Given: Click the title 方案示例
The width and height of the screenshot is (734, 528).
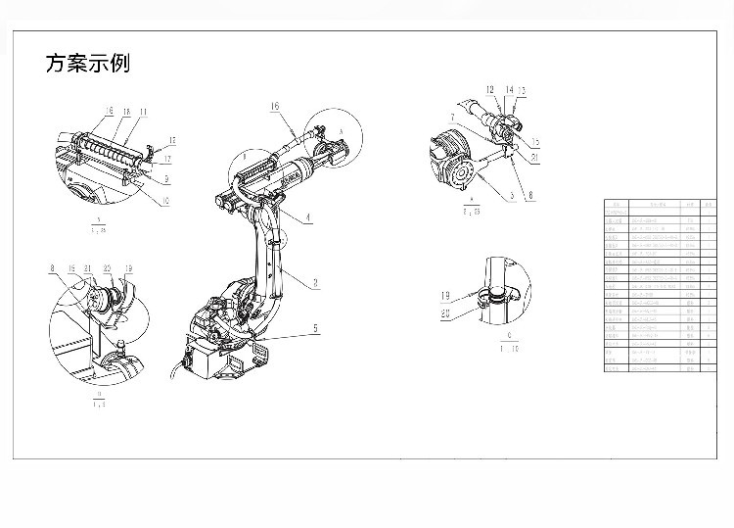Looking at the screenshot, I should tap(87, 65).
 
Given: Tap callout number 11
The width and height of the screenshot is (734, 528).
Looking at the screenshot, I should tap(143, 113).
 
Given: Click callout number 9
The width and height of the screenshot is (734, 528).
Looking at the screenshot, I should tap(167, 179).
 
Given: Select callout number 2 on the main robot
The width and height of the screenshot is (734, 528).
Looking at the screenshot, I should tap(315, 281).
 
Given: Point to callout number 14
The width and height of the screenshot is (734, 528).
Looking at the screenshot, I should tap(509, 90).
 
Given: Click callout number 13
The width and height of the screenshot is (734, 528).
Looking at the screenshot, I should tap(522, 90).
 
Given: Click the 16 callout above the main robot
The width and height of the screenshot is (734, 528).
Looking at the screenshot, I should tap(275, 106).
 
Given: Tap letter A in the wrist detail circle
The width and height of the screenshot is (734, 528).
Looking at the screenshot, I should tap(339, 129).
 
